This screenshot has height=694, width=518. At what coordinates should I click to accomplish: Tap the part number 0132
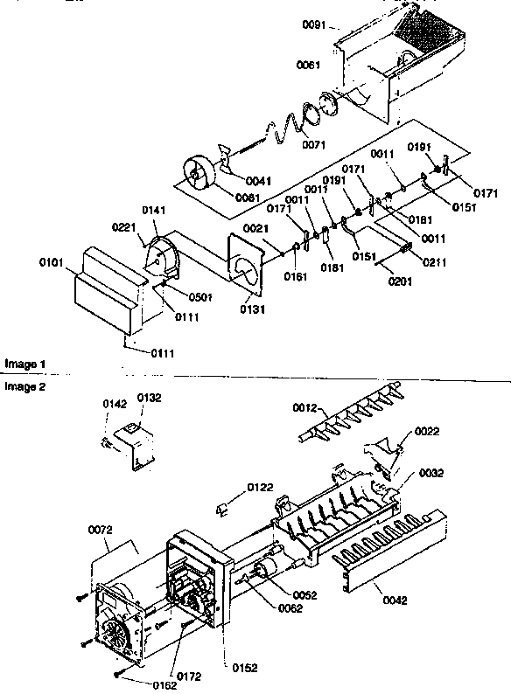coord(149,398)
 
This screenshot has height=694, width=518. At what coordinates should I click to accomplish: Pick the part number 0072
coord(101,530)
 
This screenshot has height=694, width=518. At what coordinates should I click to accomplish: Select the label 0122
coord(259,486)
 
